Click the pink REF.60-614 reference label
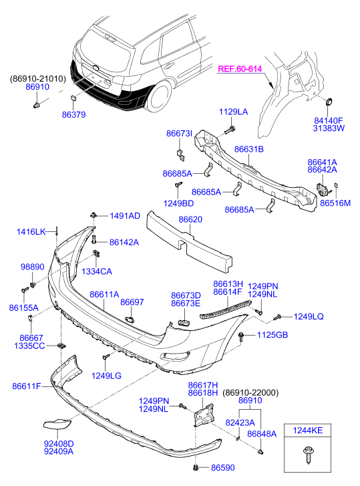click(240, 68)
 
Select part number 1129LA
click(233, 112)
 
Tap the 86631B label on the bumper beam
click(249, 149)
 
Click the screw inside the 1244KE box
click(307, 455)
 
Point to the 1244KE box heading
click(308, 431)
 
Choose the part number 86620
click(190, 219)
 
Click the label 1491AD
click(125, 215)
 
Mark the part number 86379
click(73, 114)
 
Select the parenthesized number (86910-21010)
click(38, 79)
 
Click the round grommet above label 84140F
click(329, 102)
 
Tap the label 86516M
click(335, 203)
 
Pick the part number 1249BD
click(178, 203)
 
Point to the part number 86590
click(223, 467)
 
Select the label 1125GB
click(273, 335)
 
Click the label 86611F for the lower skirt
click(27, 386)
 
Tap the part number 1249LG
click(106, 376)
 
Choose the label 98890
click(33, 267)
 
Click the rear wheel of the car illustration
click(159, 96)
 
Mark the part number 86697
click(132, 302)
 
